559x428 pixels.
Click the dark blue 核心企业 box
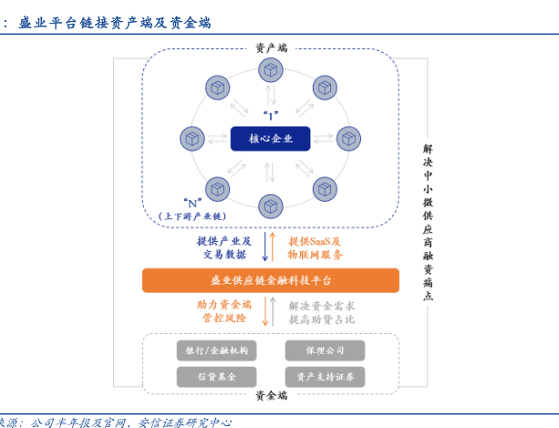tap(270, 139)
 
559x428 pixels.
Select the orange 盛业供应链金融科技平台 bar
tap(270, 280)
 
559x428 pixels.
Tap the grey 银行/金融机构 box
tap(216, 350)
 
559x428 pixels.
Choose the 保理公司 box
tap(325, 350)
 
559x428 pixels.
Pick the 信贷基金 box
tap(216, 376)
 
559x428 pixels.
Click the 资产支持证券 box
tap(325, 376)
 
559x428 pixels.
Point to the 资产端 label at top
tap(271, 47)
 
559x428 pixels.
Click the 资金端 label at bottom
tap(271, 395)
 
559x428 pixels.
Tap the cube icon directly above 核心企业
tap(270, 69)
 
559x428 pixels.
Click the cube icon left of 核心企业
tap(192, 139)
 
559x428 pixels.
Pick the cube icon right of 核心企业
tap(348, 139)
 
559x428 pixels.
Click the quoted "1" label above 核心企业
tap(270, 116)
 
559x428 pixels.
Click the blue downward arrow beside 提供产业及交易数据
tap(265, 246)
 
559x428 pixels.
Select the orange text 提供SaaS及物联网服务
tap(316, 247)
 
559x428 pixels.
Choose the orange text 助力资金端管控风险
tap(224, 311)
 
